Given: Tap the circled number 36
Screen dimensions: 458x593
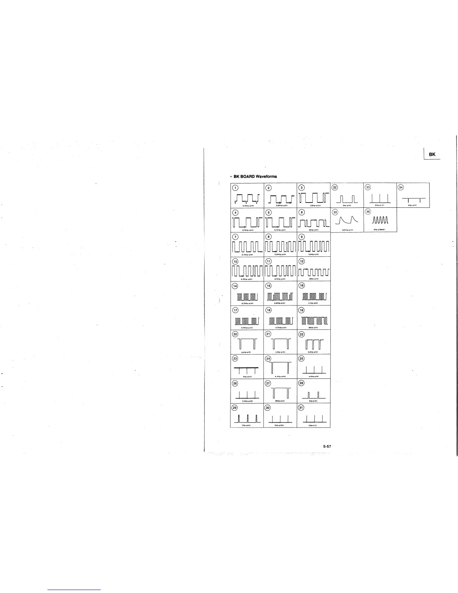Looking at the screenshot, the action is point(368,212).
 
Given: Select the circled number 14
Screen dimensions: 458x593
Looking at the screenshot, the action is point(235,286).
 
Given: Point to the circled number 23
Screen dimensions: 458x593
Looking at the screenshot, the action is point(235,359).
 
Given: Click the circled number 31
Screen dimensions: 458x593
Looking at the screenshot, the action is point(301,408).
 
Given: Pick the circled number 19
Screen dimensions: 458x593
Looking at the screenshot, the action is point(301,310).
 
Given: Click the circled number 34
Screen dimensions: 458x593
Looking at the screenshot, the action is point(401,188).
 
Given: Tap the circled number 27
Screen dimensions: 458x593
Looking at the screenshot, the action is point(268,383).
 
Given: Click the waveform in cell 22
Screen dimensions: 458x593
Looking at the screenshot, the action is point(314,344).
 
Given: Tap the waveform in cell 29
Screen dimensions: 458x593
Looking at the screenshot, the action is point(247,418).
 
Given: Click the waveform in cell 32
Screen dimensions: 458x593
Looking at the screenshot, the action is point(348,198).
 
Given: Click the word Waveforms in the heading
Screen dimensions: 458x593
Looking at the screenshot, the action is point(266,177).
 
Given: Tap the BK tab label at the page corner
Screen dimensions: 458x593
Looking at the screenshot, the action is point(432,154).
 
